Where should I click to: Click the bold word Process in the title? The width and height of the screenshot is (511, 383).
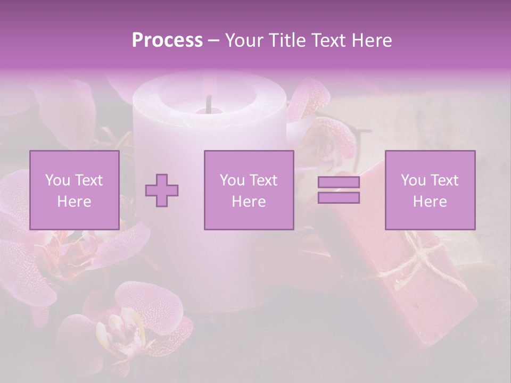167,40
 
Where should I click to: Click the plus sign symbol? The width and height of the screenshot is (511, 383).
162,190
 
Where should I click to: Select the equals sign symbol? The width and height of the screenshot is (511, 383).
339,190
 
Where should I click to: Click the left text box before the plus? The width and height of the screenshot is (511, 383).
74,190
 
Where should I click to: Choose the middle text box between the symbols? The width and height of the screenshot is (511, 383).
249,190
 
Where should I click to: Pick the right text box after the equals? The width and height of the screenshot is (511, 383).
430,190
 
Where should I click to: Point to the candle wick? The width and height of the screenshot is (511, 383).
209,103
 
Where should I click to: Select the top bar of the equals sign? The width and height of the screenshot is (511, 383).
339,182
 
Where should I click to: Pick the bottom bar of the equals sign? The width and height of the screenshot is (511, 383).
339,197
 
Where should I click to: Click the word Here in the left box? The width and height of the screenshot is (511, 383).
74,202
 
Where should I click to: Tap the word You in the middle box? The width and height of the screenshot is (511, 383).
232,180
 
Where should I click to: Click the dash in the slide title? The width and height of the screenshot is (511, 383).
213,40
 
